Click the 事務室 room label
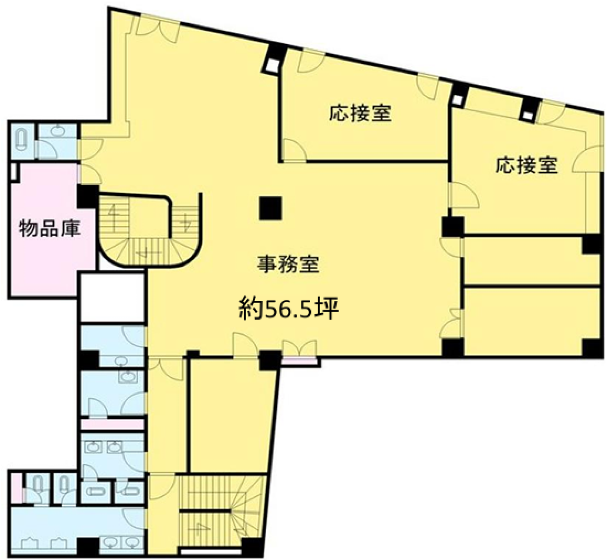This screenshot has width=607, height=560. tap(288, 264)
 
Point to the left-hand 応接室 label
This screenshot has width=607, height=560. tap(360, 114)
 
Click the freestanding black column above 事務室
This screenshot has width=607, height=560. tap(271, 208)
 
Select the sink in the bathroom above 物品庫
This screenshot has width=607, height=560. tap(57, 130)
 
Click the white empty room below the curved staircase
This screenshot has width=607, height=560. tap(112, 298)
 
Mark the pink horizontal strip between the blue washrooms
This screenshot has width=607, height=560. tap(112, 425)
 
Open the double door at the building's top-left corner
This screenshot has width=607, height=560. tap(157, 27)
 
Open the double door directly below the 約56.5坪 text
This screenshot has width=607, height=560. tap(299, 347)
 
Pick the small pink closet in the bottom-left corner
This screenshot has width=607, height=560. tap(17, 488)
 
